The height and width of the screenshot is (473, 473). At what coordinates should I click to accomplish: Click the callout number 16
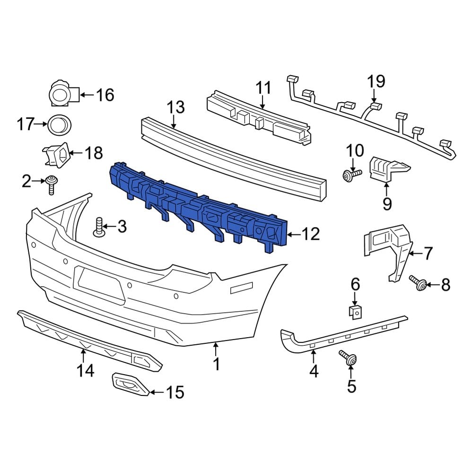click(x=105, y=95)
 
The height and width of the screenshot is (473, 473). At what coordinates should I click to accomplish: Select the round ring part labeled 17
click(x=60, y=125)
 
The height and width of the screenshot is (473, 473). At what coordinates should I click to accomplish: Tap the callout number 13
click(x=175, y=107)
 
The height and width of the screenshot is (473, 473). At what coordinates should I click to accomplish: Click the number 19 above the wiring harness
click(x=377, y=81)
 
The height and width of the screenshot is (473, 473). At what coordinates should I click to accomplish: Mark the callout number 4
click(x=314, y=372)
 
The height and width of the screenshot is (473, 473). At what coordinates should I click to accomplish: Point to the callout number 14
click(x=86, y=372)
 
